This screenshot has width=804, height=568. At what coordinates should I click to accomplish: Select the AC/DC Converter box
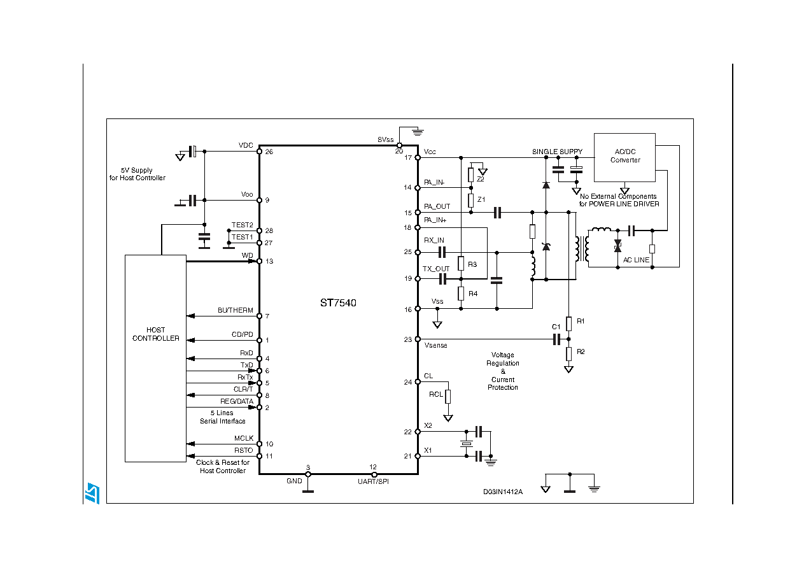pyautogui.click(x=624, y=157)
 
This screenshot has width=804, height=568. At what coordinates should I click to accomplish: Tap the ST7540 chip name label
pyautogui.click(x=338, y=303)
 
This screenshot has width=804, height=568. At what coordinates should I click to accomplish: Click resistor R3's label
pyautogui.click(x=472, y=264)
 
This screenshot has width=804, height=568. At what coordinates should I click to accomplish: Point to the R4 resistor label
pyautogui.click(x=472, y=294)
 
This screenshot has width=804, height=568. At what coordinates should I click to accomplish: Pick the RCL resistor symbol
pyautogui.click(x=448, y=396)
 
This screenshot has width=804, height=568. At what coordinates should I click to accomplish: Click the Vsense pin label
pyautogui.click(x=435, y=345)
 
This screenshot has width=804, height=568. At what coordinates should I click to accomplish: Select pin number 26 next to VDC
pyautogui.click(x=269, y=152)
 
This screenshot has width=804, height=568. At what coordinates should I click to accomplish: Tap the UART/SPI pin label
pyautogui.click(x=373, y=481)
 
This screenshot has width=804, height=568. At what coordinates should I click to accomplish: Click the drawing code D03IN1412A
pyautogui.click(x=502, y=492)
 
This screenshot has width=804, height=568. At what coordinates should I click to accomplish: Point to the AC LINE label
pyautogui.click(x=636, y=260)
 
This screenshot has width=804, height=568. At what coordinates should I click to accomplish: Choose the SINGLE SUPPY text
pyautogui.click(x=557, y=152)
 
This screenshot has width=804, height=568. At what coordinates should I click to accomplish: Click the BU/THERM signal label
pyautogui.click(x=235, y=310)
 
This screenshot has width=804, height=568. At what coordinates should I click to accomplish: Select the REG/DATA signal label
pyautogui.click(x=236, y=401)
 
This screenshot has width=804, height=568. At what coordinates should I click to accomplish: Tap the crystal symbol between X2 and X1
pyautogui.click(x=467, y=444)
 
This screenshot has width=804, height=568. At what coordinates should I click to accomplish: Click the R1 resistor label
pyautogui.click(x=580, y=322)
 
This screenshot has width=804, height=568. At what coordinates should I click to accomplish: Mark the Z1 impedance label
pyautogui.click(x=481, y=199)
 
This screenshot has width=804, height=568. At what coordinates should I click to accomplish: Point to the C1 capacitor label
pyautogui.click(x=556, y=327)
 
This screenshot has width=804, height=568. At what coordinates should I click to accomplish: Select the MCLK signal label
pyautogui.click(x=243, y=438)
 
